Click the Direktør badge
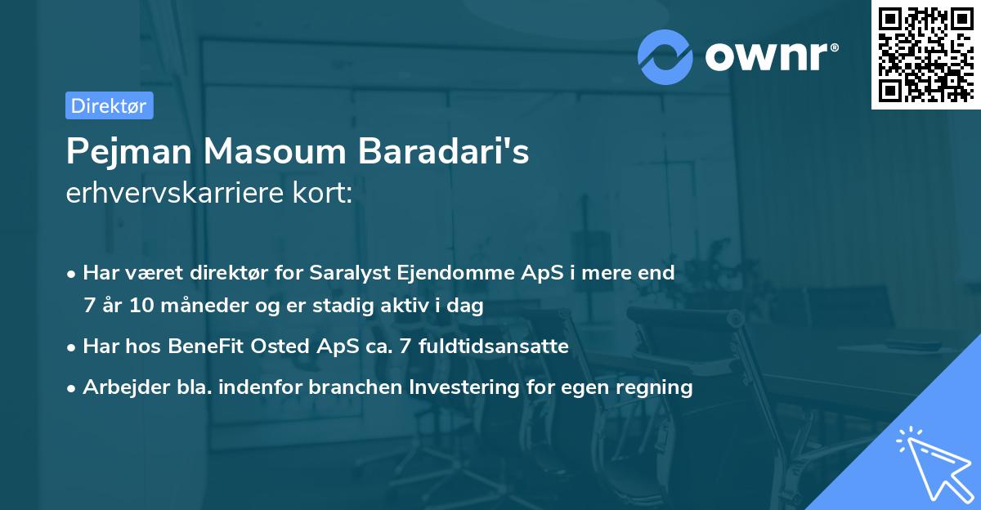tap(109, 105)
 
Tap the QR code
tap(925, 55)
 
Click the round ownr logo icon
tap(665, 57)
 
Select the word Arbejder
tap(119, 387)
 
